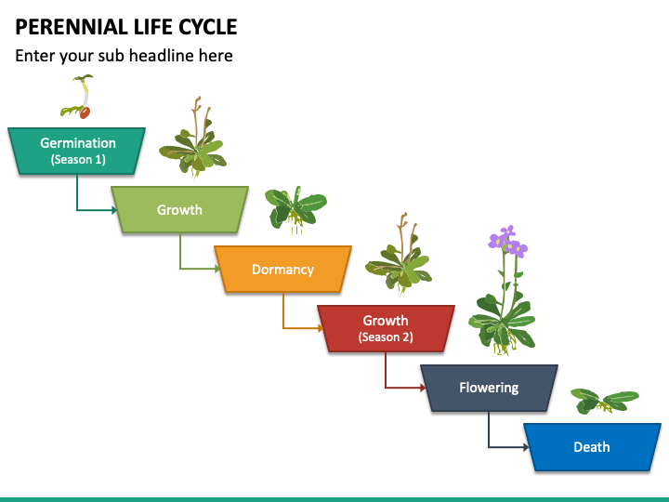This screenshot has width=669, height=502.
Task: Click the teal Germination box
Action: click(x=77, y=151)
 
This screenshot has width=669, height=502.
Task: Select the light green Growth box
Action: click(x=179, y=210)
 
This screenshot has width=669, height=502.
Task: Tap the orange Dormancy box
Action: click(x=282, y=270)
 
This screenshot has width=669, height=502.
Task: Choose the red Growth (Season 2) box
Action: click(x=386, y=328)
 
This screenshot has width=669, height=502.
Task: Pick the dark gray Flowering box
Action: click(x=489, y=388)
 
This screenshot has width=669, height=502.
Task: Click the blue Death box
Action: click(x=591, y=447)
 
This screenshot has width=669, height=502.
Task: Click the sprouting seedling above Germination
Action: click(x=78, y=99)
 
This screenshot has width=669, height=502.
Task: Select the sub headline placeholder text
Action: click(x=124, y=56)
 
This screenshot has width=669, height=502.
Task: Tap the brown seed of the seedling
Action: click(x=85, y=113)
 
